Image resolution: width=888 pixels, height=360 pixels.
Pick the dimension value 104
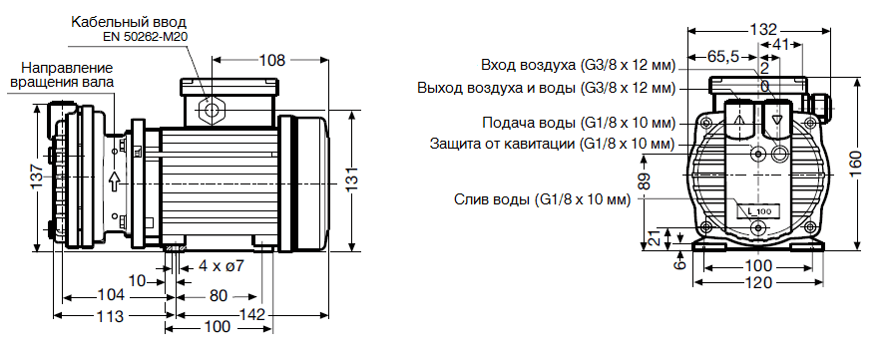(x=112, y=295)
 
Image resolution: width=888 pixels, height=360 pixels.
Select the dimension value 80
(x=220, y=295)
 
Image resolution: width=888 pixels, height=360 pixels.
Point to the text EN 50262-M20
(x=146, y=37)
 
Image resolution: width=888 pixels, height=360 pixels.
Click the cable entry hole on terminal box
(x=212, y=108)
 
